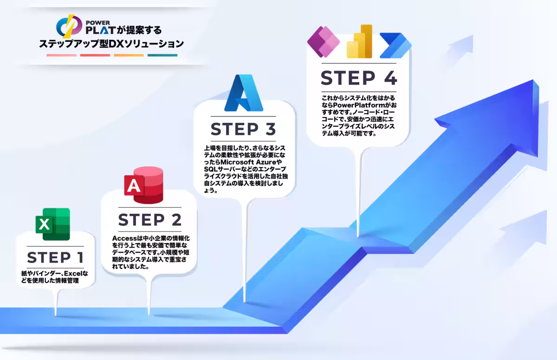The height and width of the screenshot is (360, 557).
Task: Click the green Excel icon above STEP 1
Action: point(52,224)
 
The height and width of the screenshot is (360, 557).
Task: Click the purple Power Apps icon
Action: point(324,41)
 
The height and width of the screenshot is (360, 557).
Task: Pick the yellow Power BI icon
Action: point(360,41)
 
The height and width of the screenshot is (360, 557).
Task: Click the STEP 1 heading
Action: point(55,257)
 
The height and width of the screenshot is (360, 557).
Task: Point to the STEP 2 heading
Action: point(149,219)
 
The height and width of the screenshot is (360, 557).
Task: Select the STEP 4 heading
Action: point(359,77)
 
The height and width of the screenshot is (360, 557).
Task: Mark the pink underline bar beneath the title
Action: point(61,55)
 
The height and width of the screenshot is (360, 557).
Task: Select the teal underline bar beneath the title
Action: point(162,55)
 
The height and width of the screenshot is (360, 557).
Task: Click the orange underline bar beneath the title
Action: point(129,55)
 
